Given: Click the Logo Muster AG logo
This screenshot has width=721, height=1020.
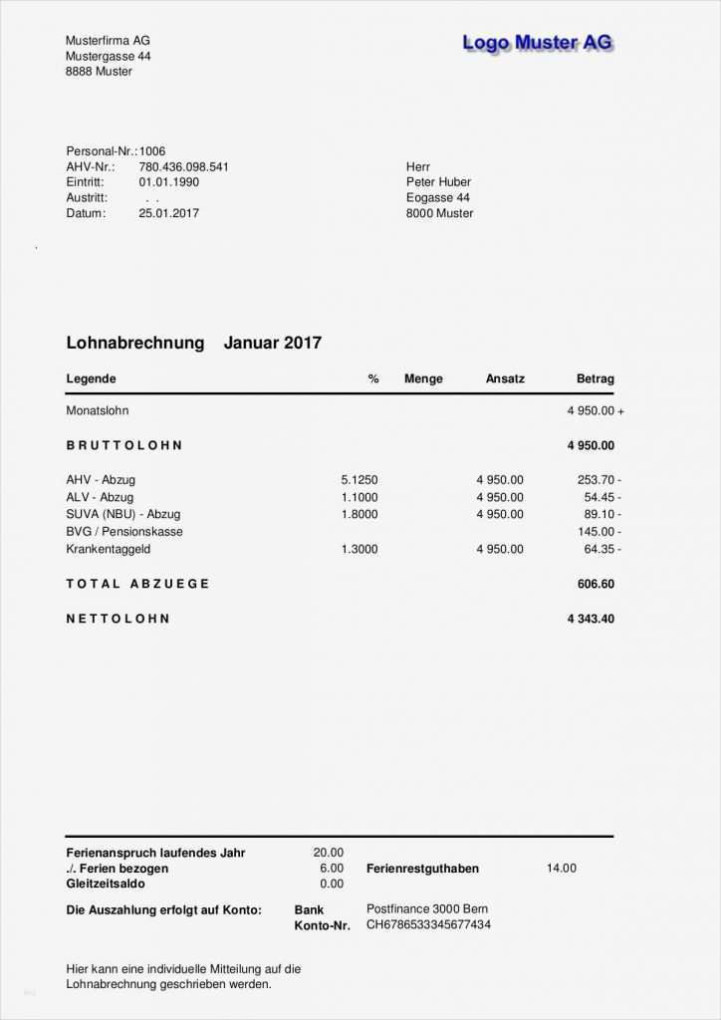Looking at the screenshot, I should point(538,42).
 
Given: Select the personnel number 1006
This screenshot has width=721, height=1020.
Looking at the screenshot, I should point(152,150).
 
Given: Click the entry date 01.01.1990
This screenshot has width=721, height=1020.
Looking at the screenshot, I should point(168,182).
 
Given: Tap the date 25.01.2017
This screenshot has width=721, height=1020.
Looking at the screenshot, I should point(168,213).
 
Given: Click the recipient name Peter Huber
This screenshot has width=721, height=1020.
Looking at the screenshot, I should point(438,182).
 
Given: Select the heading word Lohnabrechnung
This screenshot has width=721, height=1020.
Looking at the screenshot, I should point(134,343).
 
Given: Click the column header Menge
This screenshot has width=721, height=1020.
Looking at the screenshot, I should point(423,379).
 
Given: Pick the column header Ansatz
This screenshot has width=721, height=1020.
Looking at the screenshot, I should point(505,379).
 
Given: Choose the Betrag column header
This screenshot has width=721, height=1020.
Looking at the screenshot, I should point(596,379).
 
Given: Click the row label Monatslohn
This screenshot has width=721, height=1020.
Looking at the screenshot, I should point(98,410).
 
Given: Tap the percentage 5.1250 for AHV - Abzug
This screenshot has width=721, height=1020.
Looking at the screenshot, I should point(360,480).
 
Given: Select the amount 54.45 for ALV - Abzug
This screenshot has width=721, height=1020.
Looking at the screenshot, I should point(599,497).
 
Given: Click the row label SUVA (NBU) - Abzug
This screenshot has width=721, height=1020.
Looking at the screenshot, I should point(123,514).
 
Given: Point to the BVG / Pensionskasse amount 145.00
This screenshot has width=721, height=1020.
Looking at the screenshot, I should point(596,532).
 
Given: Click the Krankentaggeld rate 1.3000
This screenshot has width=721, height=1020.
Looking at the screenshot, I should point(360,549).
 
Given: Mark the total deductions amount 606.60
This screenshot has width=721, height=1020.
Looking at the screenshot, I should point(596,584).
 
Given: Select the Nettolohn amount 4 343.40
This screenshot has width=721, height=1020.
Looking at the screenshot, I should point(591,619).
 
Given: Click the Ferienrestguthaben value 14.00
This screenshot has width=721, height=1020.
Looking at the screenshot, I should point(562,868).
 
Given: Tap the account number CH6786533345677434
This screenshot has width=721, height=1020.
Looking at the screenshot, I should point(428,924).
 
